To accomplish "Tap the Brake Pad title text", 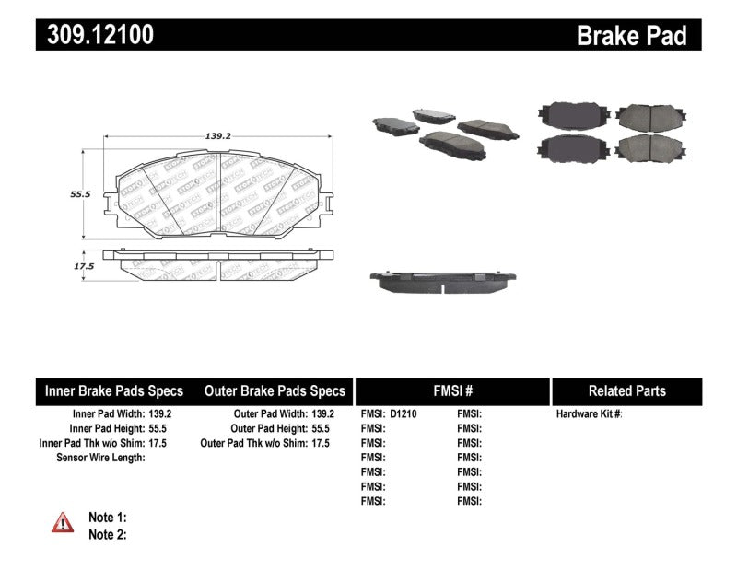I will coord(631,36).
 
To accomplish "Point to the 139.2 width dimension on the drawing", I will coord(217,135).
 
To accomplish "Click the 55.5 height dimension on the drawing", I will coord(81,195).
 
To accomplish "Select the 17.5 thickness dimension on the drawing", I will coord(84,266).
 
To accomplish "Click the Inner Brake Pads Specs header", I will coord(114,390).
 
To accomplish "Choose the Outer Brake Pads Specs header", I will coord(275,390).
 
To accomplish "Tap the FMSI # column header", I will coord(451,390).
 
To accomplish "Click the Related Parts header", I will coord(626,390).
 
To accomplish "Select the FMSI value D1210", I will coord(404,414).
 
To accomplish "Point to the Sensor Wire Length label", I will coord(99,458).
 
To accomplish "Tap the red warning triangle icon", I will coord(63,522).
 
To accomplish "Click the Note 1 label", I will coord(107,518).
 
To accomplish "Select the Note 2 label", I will coord(107,534).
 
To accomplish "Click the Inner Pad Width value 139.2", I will coord(159,414).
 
